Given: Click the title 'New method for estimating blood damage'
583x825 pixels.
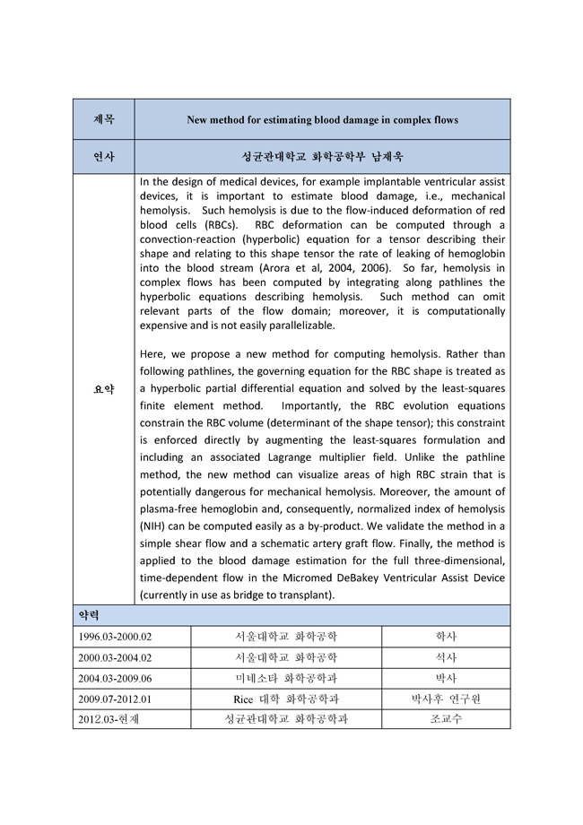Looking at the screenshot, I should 322,119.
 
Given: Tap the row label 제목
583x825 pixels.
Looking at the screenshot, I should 103,119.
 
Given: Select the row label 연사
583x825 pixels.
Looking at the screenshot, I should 103,155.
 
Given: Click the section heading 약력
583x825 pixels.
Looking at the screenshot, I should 90,616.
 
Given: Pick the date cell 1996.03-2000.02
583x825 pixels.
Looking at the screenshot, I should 116,637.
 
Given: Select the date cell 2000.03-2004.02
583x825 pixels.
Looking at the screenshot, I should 116,657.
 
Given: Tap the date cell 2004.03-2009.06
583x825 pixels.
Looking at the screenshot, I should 116,678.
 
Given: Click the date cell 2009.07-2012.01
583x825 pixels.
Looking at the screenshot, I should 116,699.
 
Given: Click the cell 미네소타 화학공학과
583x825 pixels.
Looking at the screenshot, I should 286,678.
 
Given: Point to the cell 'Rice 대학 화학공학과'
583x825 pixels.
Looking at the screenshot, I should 286,699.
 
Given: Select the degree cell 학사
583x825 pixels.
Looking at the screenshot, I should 446,637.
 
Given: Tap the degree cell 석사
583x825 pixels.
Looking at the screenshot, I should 446,657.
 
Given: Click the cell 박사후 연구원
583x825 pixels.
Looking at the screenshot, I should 446,699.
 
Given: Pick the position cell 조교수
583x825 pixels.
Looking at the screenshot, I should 446,719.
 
